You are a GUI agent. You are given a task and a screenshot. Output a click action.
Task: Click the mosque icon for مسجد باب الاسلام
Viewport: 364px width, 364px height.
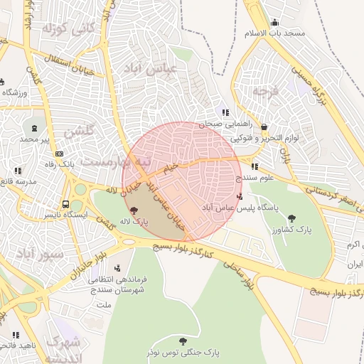tap(275, 22)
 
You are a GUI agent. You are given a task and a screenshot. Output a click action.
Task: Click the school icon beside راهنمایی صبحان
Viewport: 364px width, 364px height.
tap(225, 112)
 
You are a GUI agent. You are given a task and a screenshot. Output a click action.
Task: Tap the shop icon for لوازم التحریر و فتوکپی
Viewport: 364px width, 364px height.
tap(264, 127)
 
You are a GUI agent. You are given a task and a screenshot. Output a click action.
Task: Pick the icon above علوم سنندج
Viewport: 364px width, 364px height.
tap(255, 167)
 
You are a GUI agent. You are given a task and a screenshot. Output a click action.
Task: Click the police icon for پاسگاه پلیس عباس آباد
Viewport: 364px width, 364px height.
tap(239, 196)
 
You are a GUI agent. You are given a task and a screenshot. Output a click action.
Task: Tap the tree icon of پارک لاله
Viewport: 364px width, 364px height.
tap(134, 210)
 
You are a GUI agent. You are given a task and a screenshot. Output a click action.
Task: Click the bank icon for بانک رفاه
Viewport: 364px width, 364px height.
tap(59, 154)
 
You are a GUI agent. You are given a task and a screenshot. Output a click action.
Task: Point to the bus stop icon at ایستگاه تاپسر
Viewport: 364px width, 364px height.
tap(65, 203)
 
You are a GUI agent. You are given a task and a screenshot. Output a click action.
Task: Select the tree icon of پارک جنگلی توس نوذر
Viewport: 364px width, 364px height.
tap(184, 341)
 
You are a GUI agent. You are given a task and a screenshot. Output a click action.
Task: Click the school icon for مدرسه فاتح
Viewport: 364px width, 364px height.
tap(18, 171)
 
